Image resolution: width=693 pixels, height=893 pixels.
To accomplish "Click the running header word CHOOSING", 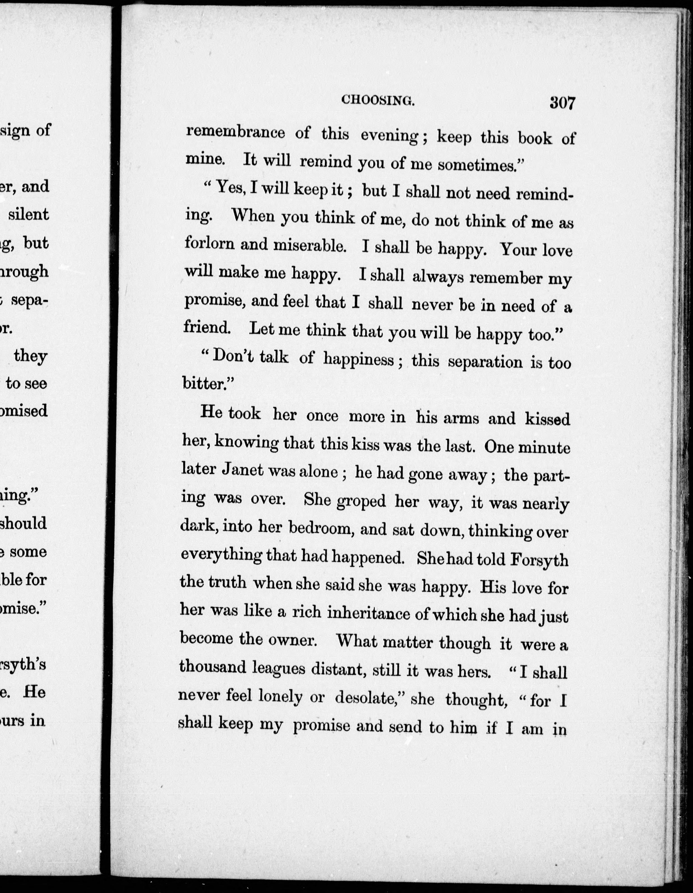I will pos(378,101).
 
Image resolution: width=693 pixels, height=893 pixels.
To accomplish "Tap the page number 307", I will pos(563,103).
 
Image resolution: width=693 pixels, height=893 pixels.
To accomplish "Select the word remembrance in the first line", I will pos(235,133).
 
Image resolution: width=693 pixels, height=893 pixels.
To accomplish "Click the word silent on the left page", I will pos(29,215).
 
